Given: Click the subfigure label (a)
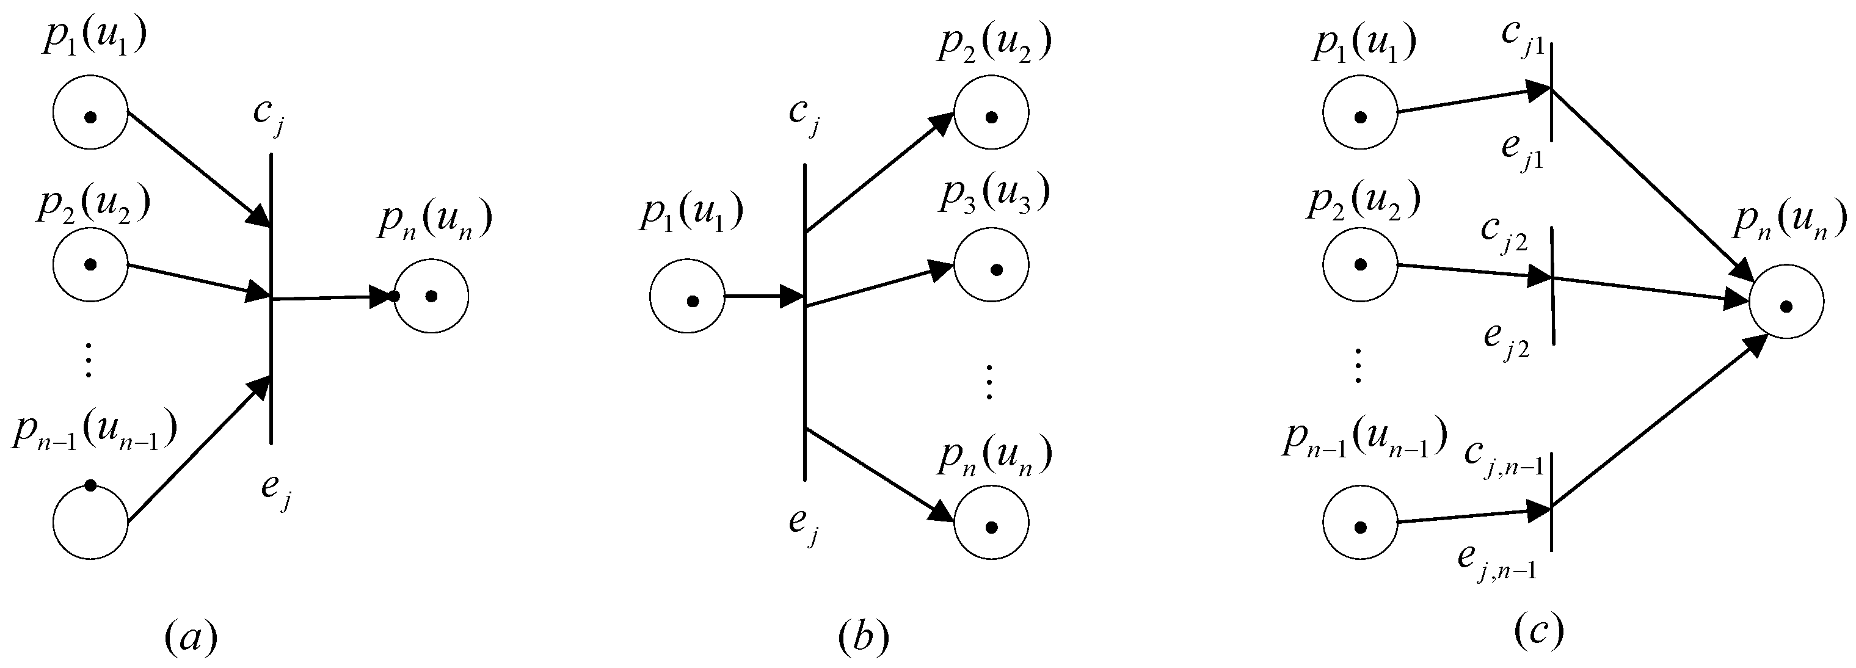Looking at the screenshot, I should pos(191,637).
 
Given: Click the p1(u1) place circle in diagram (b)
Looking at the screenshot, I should pos(686,296).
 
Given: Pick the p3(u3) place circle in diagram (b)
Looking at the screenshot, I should pos(991,264).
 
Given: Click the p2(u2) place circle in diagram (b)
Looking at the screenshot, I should pos(991,112).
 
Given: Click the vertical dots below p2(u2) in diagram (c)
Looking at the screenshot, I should pos(1358,367).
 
